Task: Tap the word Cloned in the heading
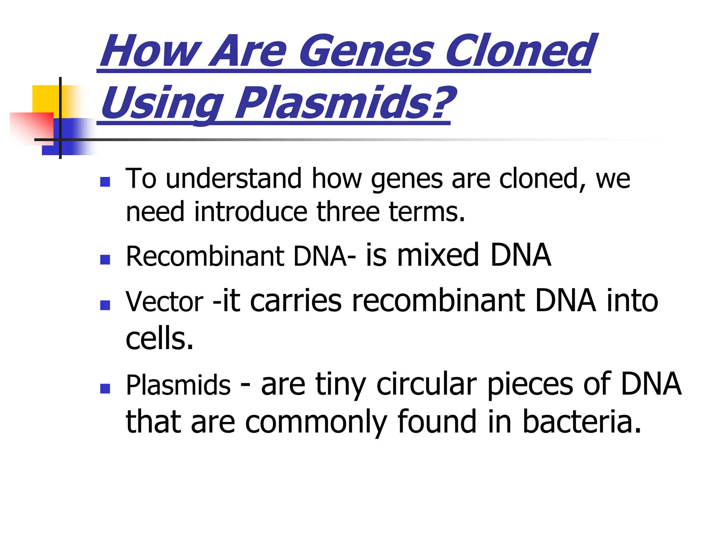click(520, 51)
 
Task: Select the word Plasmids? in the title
click(345, 103)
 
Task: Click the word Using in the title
click(161, 103)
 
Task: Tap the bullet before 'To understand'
click(105, 182)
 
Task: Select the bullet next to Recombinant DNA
click(105, 260)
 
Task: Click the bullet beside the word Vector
click(105, 305)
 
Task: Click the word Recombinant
click(205, 256)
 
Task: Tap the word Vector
click(164, 302)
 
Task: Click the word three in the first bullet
click(348, 212)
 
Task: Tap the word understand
click(234, 179)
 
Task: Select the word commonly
click(316, 422)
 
